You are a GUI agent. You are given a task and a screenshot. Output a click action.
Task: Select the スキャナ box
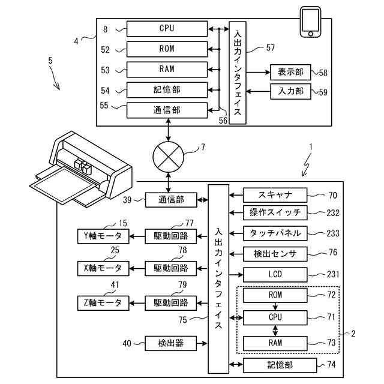(x=275, y=195)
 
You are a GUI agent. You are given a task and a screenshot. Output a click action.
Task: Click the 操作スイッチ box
(x=275, y=212)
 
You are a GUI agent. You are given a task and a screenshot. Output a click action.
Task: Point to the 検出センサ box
(x=275, y=254)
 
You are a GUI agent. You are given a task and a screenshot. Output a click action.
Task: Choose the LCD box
(x=275, y=275)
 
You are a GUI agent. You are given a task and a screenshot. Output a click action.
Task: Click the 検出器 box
(x=170, y=343)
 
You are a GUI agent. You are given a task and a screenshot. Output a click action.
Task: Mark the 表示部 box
(x=290, y=73)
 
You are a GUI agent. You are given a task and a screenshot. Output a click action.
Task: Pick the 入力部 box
(x=290, y=92)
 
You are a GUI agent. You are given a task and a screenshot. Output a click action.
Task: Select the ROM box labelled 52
(x=166, y=49)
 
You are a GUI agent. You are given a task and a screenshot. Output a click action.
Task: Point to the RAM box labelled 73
(x=275, y=343)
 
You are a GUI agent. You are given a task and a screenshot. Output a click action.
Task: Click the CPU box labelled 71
(x=275, y=316)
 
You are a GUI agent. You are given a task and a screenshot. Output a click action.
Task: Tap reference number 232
(x=332, y=212)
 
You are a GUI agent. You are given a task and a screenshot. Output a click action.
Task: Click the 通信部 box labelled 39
(x=170, y=199)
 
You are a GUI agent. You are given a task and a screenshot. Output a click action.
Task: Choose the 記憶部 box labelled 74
(x=275, y=364)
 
